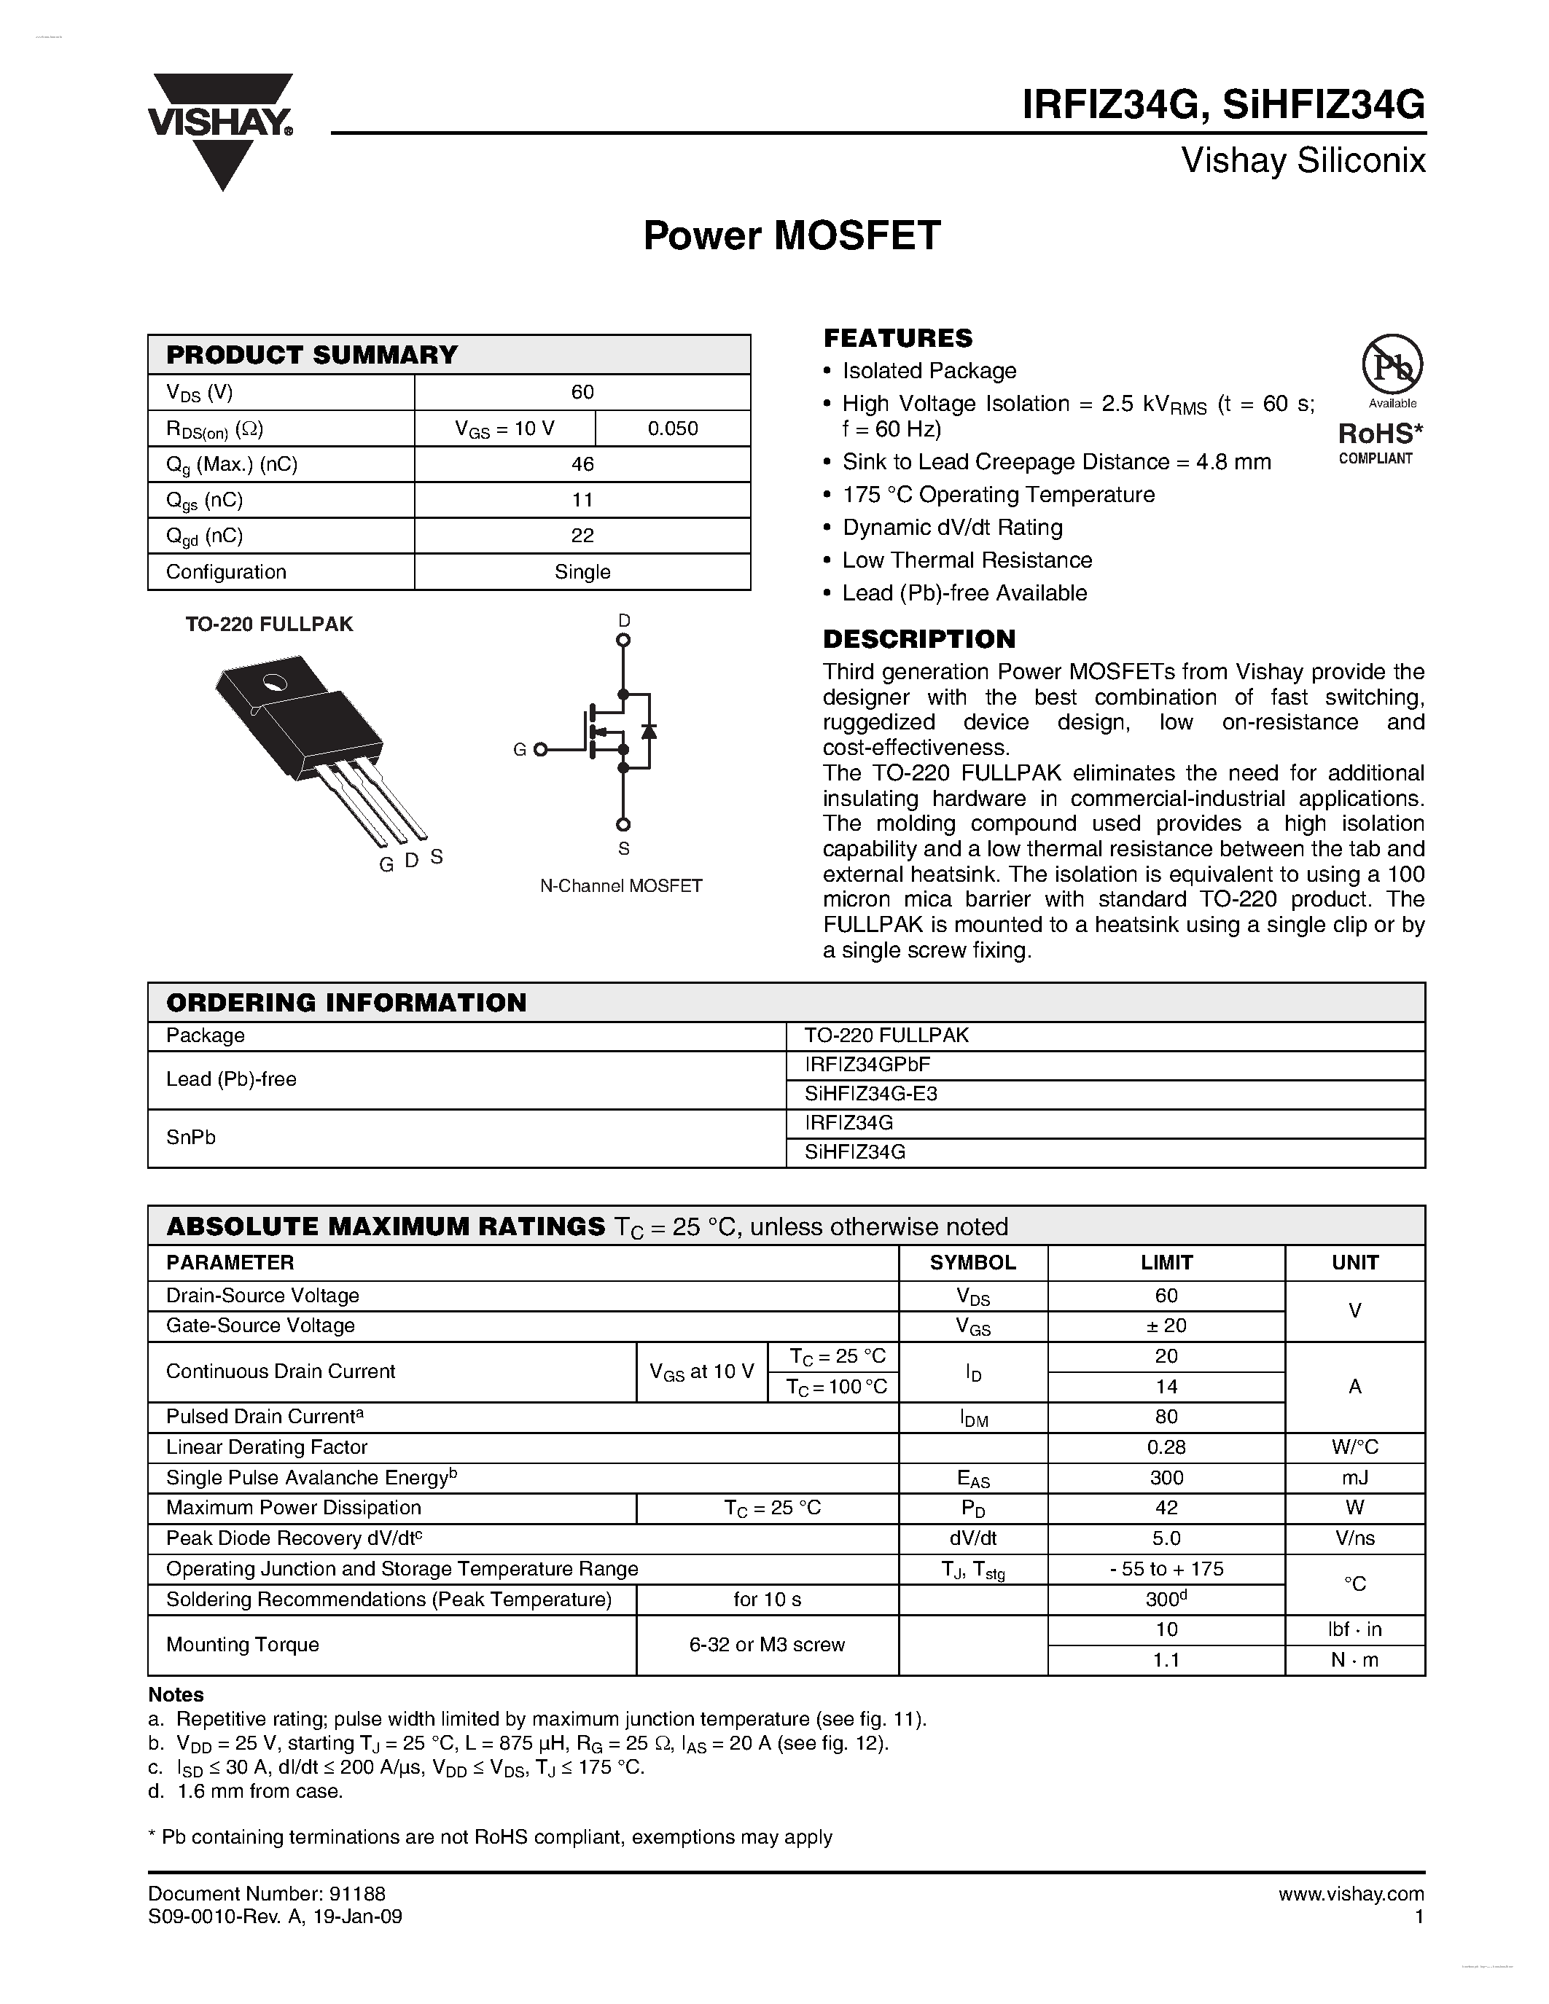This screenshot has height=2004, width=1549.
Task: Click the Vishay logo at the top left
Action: [221, 128]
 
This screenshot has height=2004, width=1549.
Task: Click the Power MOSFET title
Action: [791, 236]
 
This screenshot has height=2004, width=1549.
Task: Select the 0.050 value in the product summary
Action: [672, 428]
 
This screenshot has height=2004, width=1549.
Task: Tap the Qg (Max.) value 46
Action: [582, 464]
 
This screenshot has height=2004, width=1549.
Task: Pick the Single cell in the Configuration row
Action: [582, 571]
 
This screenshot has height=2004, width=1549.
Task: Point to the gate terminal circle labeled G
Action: [540, 750]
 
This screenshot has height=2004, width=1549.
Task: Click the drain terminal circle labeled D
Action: [623, 641]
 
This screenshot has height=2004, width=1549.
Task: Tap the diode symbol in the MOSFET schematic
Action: [649, 732]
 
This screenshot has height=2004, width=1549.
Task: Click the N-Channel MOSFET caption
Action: [620, 885]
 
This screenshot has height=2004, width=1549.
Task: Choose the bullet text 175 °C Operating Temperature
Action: [999, 495]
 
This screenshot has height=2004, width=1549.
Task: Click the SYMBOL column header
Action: [972, 1263]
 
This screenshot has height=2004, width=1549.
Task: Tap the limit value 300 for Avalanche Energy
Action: [1166, 1477]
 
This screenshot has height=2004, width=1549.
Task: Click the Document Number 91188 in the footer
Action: [267, 1894]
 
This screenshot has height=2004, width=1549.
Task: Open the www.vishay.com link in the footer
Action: [1351, 1894]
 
